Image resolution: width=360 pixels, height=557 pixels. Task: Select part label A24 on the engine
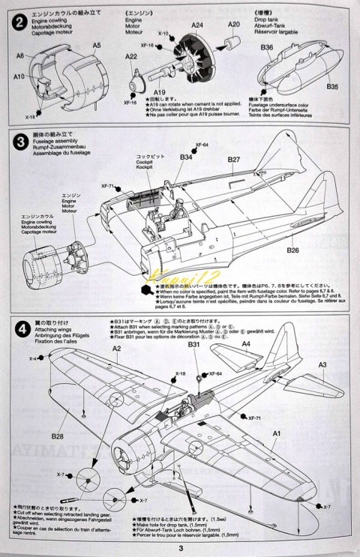197,25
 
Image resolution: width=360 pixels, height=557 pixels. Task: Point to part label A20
234,25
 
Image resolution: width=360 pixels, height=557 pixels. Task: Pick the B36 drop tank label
268,47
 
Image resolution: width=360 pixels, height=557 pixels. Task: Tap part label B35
332,86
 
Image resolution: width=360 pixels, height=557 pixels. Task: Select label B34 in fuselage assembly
187,157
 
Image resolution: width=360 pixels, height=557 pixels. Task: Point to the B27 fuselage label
233,160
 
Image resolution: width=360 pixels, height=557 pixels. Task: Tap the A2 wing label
116,349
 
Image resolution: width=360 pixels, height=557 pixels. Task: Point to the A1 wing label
275,433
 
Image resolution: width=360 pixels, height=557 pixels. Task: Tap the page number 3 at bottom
180,550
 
